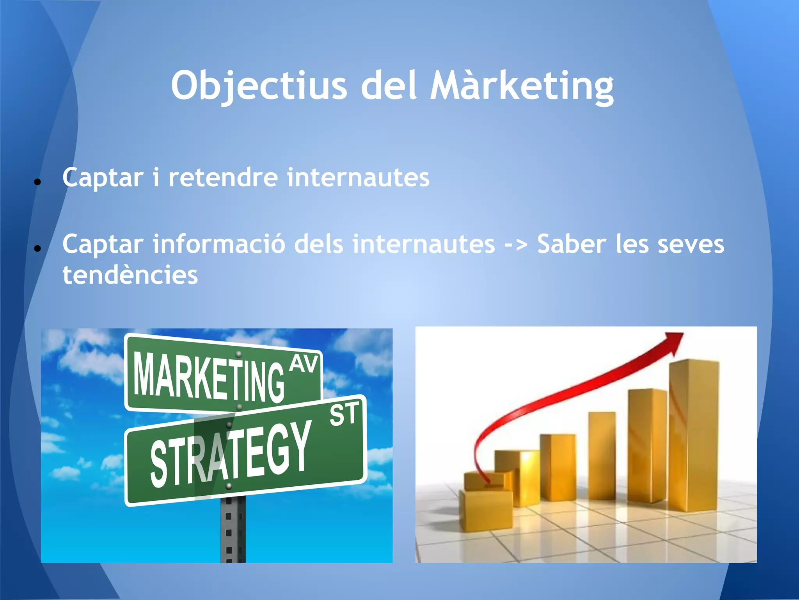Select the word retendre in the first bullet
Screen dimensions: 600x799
[x=223, y=177]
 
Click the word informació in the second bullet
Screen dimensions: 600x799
[x=218, y=244]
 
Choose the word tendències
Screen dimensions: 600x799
[x=130, y=275]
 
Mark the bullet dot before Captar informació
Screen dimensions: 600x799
[x=37, y=248]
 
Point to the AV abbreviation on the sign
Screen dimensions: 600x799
[x=304, y=364]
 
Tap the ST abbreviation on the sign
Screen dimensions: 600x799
[x=344, y=414]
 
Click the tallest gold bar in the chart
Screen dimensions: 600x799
[x=694, y=434]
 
